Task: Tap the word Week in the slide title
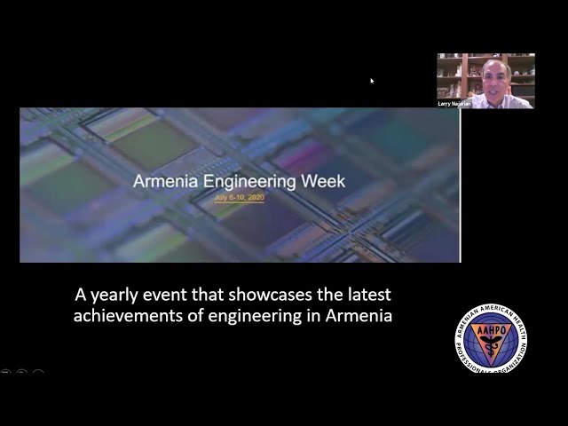[324, 182]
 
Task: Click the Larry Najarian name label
[454, 104]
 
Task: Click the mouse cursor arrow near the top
[372, 81]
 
